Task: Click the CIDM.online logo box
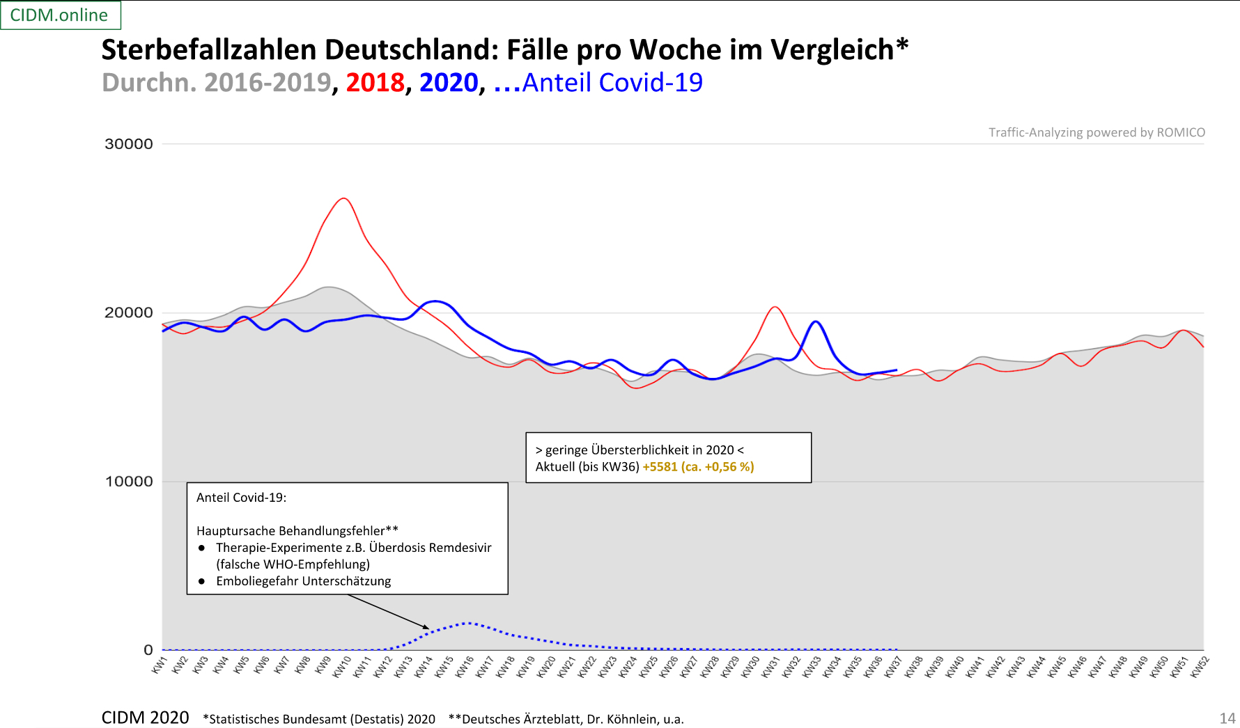tap(60, 15)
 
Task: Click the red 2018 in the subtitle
tap(375, 83)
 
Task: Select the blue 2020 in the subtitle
tap(449, 83)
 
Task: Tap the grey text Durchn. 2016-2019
tap(217, 83)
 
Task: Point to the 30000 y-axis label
tap(128, 144)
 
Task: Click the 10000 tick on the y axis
tap(128, 482)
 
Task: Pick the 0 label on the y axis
tap(148, 650)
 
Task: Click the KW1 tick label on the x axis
tap(160, 665)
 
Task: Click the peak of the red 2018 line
tap(343, 198)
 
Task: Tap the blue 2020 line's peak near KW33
tap(815, 322)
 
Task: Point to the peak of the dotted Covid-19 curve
tap(468, 623)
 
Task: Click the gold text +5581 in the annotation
tap(660, 467)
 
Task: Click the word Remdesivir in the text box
tap(458, 548)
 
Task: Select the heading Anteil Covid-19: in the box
tap(241, 498)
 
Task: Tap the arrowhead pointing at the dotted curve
tap(426, 627)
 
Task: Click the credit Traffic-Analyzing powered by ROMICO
tap(1096, 132)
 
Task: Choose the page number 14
tap(1227, 718)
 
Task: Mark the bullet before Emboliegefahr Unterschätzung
tap(202, 581)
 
